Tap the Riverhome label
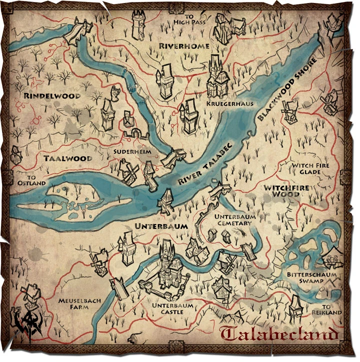pyautogui.click(x=183, y=46)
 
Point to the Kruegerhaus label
pyautogui.click(x=229, y=103)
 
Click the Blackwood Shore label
pyautogui.click(x=286, y=90)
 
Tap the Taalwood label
pyautogui.click(x=67, y=158)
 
